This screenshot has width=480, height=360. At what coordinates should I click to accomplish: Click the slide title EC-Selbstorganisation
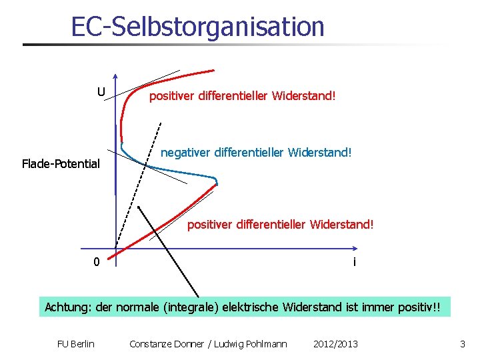pyautogui.click(x=198, y=27)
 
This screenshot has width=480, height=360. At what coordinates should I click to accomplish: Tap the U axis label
pyautogui.click(x=101, y=91)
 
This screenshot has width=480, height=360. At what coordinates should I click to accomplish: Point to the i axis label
pyautogui.click(x=354, y=262)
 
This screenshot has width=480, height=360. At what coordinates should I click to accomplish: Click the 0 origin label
pyautogui.click(x=97, y=262)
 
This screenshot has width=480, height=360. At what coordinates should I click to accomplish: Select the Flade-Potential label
pyautogui.click(x=61, y=163)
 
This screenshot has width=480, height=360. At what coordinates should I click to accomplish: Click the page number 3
pyautogui.click(x=462, y=344)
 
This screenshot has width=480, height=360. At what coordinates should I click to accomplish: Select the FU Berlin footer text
pyautogui.click(x=76, y=344)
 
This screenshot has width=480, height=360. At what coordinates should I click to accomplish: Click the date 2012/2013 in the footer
pyautogui.click(x=335, y=344)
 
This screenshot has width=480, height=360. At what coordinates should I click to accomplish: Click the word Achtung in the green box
pyautogui.click(x=68, y=307)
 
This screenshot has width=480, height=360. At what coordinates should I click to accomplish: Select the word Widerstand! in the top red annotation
pyautogui.click(x=304, y=96)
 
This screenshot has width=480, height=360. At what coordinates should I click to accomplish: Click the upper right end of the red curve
pyautogui.click(x=213, y=69)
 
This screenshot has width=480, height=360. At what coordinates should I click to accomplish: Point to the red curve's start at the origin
pyautogui.click(x=110, y=254)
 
